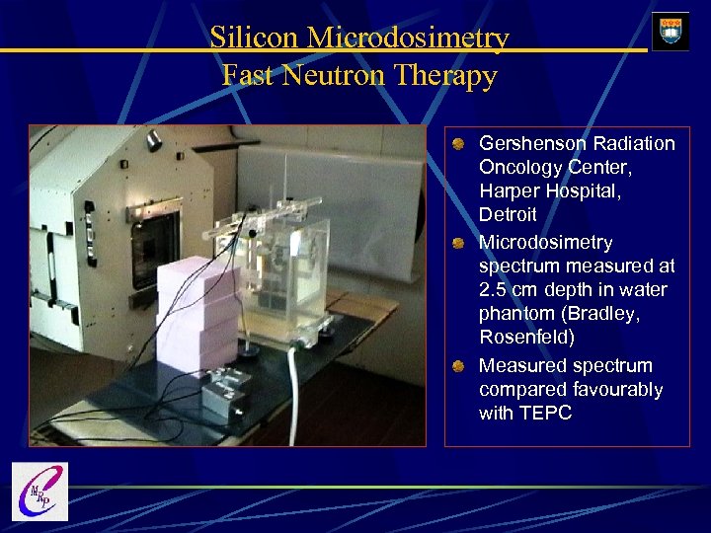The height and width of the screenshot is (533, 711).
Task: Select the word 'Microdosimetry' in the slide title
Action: (x=408, y=38)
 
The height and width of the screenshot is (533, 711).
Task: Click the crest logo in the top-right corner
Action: (x=671, y=31)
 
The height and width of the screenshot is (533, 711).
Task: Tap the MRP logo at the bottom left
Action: (x=39, y=491)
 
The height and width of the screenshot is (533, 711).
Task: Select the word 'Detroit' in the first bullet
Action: (x=508, y=214)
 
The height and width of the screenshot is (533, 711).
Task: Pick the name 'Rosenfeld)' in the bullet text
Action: (x=524, y=338)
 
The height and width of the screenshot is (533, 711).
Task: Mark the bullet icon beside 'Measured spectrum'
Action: (x=460, y=367)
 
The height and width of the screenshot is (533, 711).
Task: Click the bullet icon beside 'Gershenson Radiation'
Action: (x=460, y=145)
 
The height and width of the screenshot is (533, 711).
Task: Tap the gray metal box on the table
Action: (x=229, y=396)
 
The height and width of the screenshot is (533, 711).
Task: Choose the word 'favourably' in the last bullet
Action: (x=619, y=390)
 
